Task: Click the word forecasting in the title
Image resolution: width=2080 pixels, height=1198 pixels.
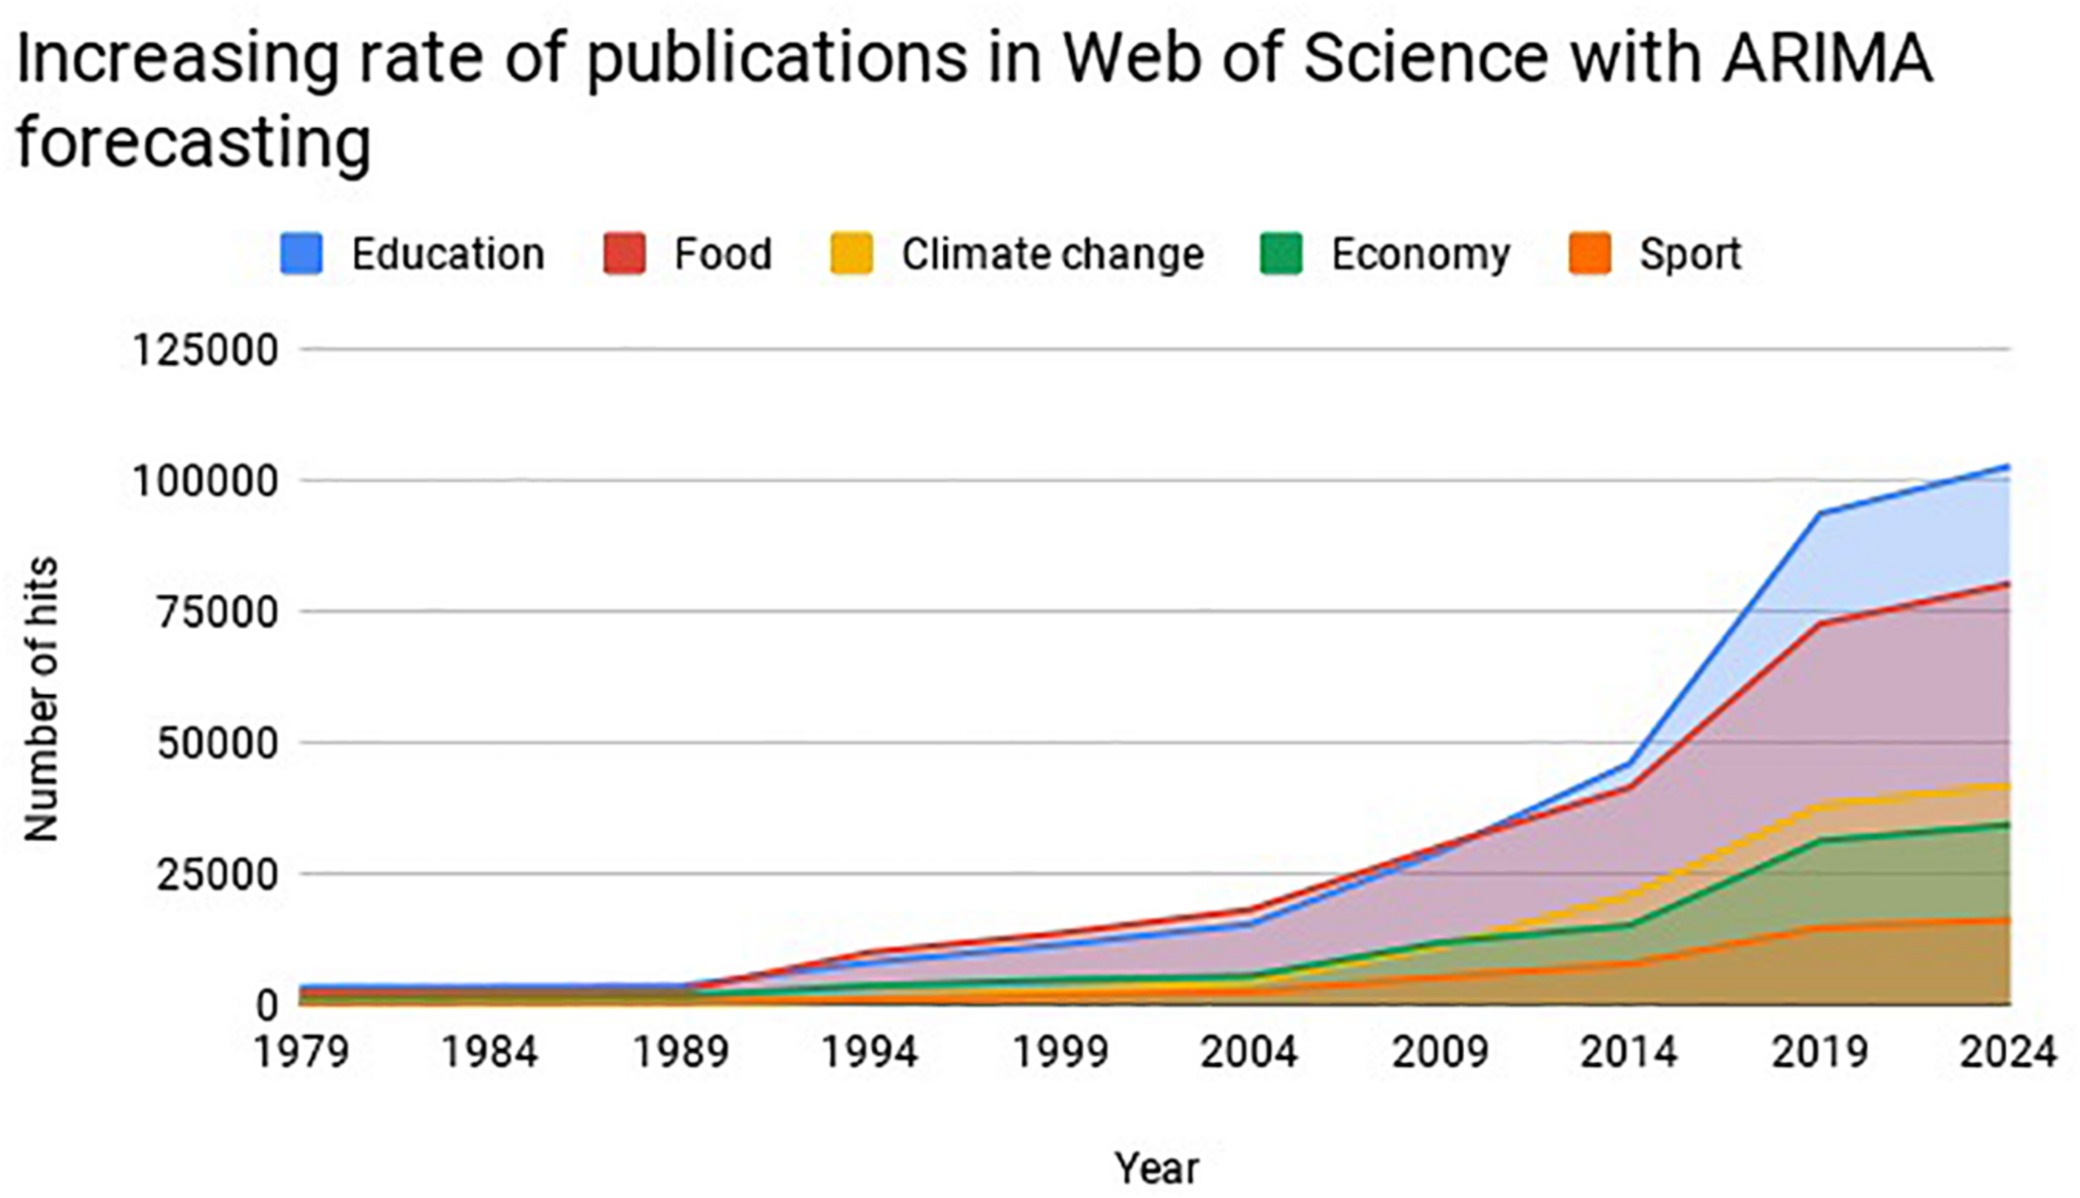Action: click(193, 143)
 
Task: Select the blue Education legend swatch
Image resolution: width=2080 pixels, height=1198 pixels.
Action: click(301, 254)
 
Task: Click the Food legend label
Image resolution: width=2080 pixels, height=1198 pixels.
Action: click(722, 254)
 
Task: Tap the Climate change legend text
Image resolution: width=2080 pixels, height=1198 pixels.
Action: click(1052, 254)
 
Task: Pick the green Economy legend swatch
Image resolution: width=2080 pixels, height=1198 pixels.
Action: click(1281, 254)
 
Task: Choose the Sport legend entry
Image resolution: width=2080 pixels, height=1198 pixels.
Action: click(1689, 254)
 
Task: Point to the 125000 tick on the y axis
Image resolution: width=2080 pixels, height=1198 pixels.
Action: click(205, 350)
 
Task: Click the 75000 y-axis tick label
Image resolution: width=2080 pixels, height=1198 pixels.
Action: click(216, 613)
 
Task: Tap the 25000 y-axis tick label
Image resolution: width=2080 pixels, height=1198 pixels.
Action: click(216, 875)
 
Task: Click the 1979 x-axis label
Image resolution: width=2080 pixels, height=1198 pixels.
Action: click(301, 1052)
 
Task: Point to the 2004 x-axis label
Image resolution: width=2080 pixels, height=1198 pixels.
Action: click(1248, 1052)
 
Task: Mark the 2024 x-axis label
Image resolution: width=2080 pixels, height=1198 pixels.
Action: click(2007, 1052)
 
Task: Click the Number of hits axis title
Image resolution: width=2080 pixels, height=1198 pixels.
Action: click(40, 699)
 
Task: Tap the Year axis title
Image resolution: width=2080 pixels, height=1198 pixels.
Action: click(1156, 1167)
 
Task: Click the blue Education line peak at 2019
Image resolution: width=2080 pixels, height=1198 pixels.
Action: click(1820, 514)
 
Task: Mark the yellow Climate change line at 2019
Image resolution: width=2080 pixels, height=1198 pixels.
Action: click(1820, 804)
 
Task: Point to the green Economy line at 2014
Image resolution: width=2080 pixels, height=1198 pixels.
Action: click(1629, 923)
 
